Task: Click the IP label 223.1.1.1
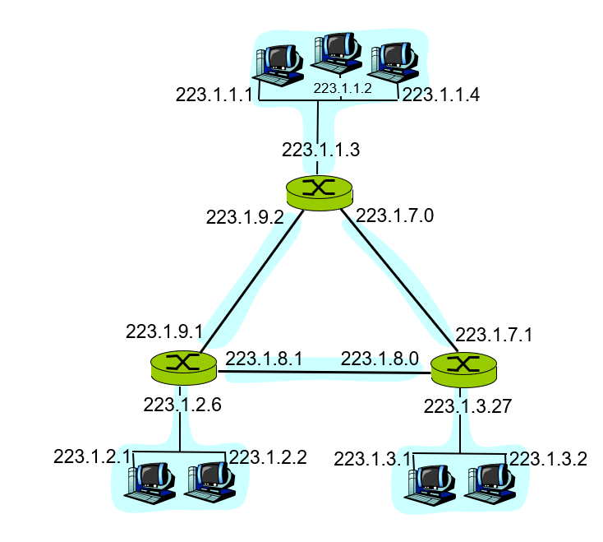214,95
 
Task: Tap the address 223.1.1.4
440,95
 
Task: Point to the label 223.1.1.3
320,150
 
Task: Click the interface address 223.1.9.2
245,217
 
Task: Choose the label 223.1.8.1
264,359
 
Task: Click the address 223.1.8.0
380,359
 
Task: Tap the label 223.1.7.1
495,335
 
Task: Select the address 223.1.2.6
182,404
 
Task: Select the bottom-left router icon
183,365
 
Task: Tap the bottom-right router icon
464,366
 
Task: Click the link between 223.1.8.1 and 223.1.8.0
322,372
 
